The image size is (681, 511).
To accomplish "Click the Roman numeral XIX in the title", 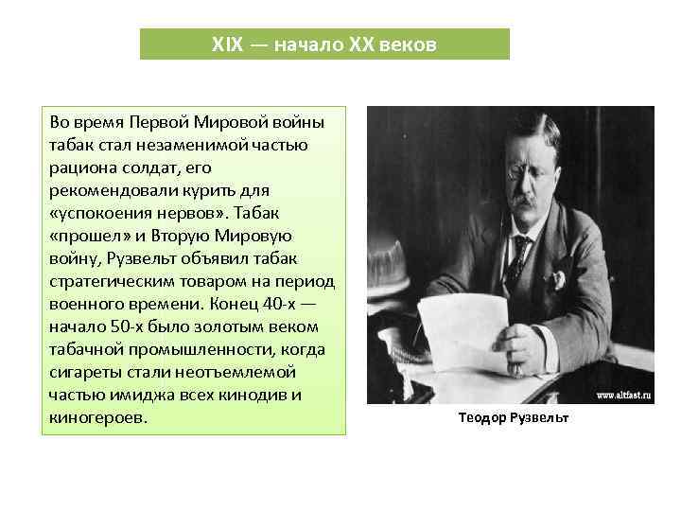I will pos(227,44).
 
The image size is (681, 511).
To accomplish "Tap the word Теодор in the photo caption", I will pos(482,417).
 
